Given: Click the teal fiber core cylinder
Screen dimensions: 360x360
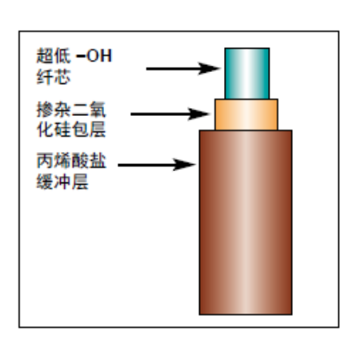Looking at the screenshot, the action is [247, 74].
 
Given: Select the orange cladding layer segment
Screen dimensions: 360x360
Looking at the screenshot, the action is [246, 114].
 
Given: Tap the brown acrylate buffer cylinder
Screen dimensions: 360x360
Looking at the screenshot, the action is [246, 222].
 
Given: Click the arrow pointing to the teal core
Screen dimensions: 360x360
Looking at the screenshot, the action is [183, 69].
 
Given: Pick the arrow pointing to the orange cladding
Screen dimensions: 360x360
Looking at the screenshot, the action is [170, 114].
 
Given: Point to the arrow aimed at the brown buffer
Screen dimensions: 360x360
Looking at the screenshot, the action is [157, 165].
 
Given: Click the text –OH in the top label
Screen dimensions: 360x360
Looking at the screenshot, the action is [94, 56].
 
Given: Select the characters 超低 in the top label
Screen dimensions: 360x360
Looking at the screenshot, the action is [54, 56].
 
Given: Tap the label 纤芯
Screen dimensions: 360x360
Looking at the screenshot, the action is [54, 77].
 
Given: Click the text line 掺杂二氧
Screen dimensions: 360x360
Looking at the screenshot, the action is [71, 110].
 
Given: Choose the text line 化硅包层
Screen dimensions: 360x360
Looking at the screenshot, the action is [71, 130].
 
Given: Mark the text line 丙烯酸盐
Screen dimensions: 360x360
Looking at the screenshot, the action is [71, 161].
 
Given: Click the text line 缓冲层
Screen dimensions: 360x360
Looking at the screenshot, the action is [62, 182].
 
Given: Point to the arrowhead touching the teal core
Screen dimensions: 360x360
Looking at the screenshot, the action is [210, 69].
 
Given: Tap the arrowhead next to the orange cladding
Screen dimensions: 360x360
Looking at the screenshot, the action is [199, 114].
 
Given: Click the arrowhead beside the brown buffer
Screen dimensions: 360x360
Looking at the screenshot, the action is [185, 165].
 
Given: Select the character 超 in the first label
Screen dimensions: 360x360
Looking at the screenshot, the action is [45, 56].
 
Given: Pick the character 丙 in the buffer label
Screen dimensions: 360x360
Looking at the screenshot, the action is [45, 161].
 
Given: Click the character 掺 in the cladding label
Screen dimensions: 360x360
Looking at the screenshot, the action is [45, 110].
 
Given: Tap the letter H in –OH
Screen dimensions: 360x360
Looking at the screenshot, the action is [106, 56].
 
